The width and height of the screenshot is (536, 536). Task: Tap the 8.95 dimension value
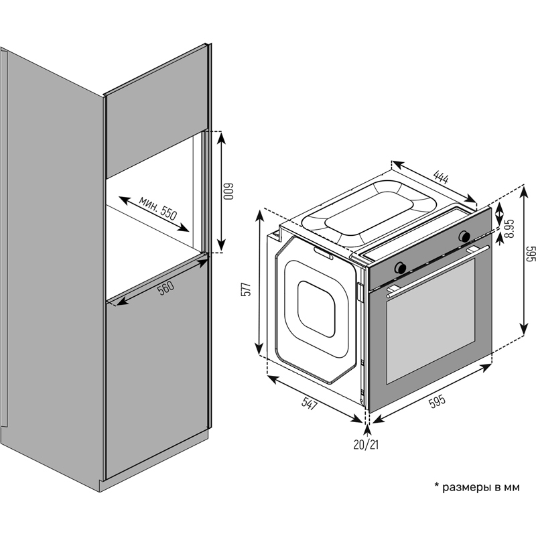pyautogui.click(x=509, y=228)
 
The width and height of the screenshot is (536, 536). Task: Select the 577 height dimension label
pyautogui.click(x=246, y=289)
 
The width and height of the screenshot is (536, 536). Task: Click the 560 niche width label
pyautogui.click(x=165, y=287)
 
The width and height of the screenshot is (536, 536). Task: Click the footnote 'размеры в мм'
pyautogui.click(x=480, y=487)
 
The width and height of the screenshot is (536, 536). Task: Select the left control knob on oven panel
pyautogui.click(x=401, y=267)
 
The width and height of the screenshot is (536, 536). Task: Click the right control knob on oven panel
pyautogui.click(x=464, y=236)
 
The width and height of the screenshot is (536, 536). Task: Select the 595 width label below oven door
pyautogui.click(x=436, y=401)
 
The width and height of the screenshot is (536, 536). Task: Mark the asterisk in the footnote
pyautogui.click(x=436, y=485)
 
